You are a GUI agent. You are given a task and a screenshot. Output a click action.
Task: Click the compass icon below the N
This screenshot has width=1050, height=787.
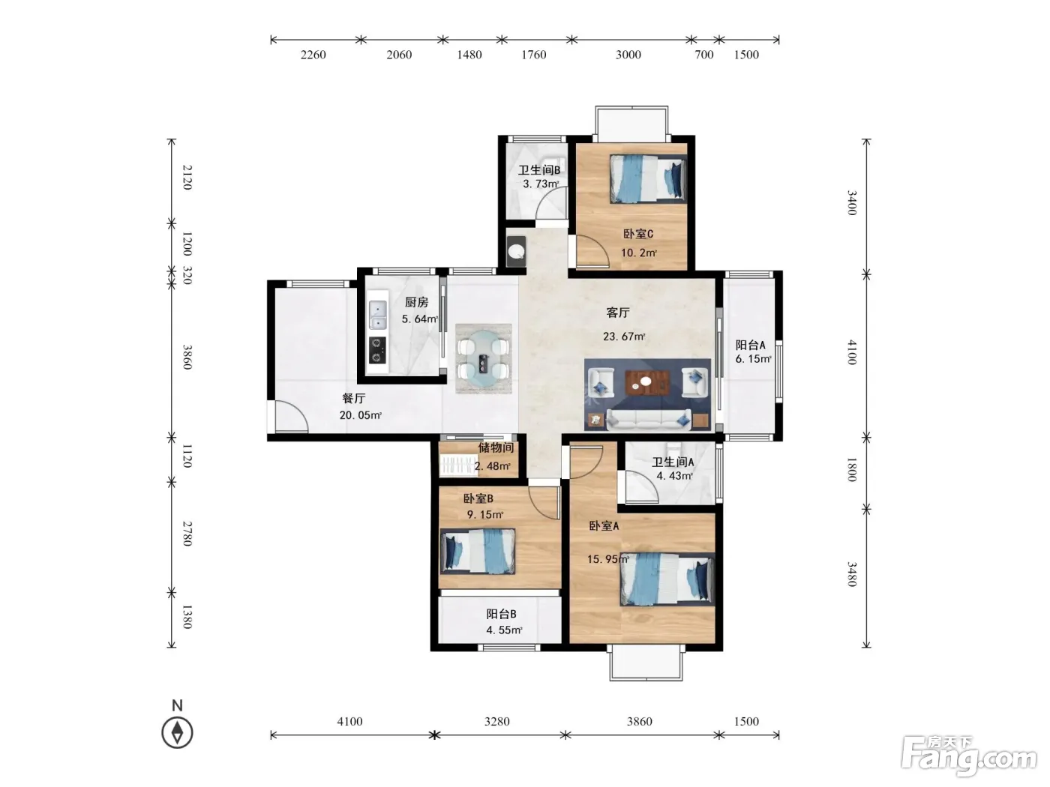click(177, 732)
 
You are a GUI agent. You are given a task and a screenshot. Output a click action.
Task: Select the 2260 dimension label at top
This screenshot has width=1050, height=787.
click(313, 55)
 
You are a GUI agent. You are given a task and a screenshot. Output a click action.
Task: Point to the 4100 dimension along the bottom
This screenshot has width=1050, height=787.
click(349, 721)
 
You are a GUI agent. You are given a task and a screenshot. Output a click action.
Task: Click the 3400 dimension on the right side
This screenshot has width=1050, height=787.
click(852, 202)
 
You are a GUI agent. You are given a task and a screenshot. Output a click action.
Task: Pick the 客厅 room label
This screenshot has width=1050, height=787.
click(617, 313)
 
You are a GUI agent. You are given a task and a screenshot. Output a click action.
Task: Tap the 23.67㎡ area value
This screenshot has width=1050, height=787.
click(624, 337)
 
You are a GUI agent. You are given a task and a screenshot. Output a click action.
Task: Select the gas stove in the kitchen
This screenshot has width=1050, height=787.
click(377, 350)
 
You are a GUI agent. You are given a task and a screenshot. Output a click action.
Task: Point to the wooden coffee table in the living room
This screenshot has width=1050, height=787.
click(647, 382)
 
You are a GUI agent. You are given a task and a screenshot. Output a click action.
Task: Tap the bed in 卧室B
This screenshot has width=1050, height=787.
click(478, 551)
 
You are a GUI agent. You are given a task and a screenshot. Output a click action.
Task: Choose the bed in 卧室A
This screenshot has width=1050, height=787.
click(667, 579)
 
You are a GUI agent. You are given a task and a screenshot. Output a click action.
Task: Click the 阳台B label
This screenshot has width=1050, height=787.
click(501, 614)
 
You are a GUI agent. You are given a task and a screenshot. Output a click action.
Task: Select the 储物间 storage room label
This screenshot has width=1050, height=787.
click(496, 447)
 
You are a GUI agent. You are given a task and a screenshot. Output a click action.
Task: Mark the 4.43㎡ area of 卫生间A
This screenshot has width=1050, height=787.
click(674, 476)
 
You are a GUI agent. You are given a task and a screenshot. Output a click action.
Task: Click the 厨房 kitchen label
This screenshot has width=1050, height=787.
click(416, 302)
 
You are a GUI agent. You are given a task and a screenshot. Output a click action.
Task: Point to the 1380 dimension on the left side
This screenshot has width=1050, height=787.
click(187, 617)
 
